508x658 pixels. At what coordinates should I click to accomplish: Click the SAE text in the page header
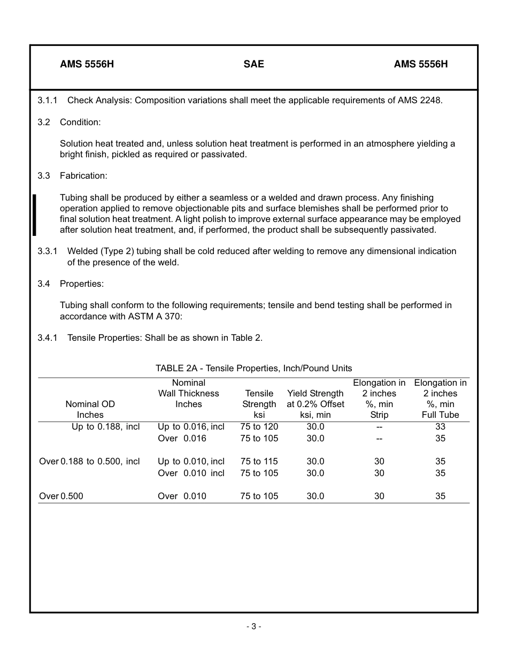coord(253,64)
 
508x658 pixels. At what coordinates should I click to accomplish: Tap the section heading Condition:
coord(80,122)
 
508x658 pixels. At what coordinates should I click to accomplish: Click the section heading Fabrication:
coord(83,175)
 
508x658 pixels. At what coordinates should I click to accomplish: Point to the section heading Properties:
coord(82,284)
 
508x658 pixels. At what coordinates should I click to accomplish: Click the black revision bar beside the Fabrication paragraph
coord(34,215)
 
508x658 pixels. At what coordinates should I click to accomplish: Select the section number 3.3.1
coord(48,251)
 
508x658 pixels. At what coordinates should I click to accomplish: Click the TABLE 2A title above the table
coord(253,368)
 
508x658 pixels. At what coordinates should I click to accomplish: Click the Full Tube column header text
coord(440,415)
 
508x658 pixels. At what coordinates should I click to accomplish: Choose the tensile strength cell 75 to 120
coord(259,426)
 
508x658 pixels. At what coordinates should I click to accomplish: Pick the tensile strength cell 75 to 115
coord(259,461)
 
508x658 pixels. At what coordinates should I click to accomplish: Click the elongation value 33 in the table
coord(440,426)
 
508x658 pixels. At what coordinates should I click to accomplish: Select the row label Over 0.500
coord(61,496)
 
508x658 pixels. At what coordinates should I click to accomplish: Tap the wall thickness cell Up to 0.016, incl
coord(191,426)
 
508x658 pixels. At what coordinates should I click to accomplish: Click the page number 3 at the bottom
coord(253,626)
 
